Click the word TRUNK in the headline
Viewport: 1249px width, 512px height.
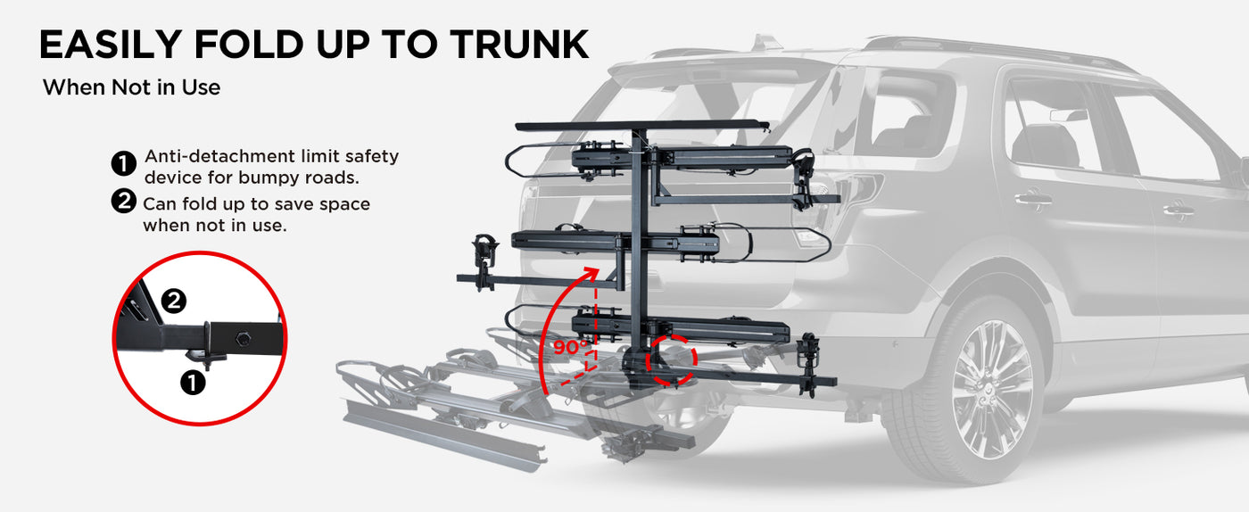(x=519, y=44)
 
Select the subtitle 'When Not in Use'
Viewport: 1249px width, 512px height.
(x=132, y=87)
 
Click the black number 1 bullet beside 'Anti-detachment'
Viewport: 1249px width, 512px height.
(x=124, y=164)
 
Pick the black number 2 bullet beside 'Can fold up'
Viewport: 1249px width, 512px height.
(x=124, y=202)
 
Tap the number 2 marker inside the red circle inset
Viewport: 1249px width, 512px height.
(x=174, y=301)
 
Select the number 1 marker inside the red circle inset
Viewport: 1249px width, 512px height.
(x=193, y=383)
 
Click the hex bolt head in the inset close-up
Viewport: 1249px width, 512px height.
(x=243, y=338)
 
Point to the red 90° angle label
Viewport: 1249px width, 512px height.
(x=570, y=348)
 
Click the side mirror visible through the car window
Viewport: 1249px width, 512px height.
(x=1069, y=115)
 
